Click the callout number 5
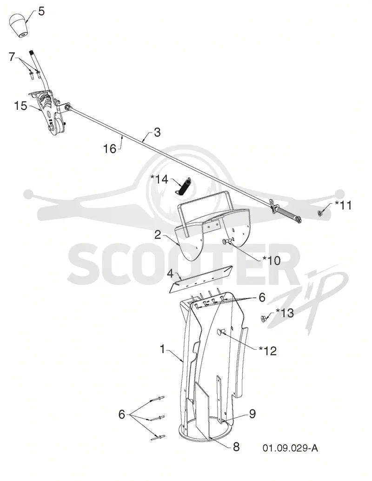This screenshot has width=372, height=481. pos(41,12)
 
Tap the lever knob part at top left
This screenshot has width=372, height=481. pos(20,26)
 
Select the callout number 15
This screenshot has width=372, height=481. pos(21,106)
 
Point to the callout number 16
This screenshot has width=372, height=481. pos(110,149)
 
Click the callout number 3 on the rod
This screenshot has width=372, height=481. pos(157,133)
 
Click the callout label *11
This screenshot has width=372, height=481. pos(343,205)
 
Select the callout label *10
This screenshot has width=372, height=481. pos(272,261)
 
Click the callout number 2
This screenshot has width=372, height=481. pos(158,234)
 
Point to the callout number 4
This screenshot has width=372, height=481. pos(171,273)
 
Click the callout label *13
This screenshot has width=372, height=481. pos(285,313)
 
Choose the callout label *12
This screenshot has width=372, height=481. pos(268,351)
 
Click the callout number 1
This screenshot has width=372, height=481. pos(163,349)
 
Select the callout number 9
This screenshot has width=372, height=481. pos(252,414)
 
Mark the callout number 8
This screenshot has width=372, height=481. pos(236,447)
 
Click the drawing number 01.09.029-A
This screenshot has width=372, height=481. pos(290,448)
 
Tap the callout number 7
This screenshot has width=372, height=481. pos(12,57)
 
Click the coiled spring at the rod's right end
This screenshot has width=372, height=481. pos(288,214)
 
